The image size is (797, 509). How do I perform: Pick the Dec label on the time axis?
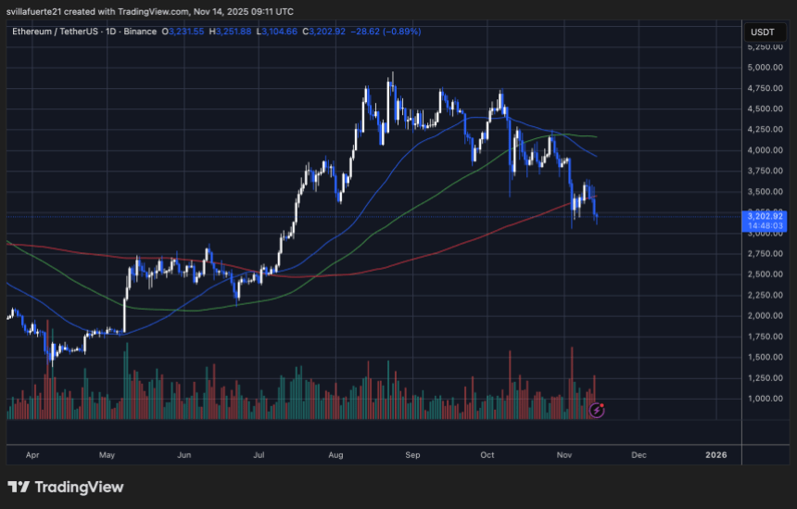(638, 455)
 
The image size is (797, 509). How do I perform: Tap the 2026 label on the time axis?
(715, 455)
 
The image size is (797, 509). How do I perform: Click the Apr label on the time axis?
(33, 455)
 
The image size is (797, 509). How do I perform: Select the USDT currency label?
(760, 32)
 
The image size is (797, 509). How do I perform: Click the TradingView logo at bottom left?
(65, 487)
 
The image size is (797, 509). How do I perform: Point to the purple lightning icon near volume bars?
(599, 408)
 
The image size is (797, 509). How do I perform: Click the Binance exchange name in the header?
(139, 32)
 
